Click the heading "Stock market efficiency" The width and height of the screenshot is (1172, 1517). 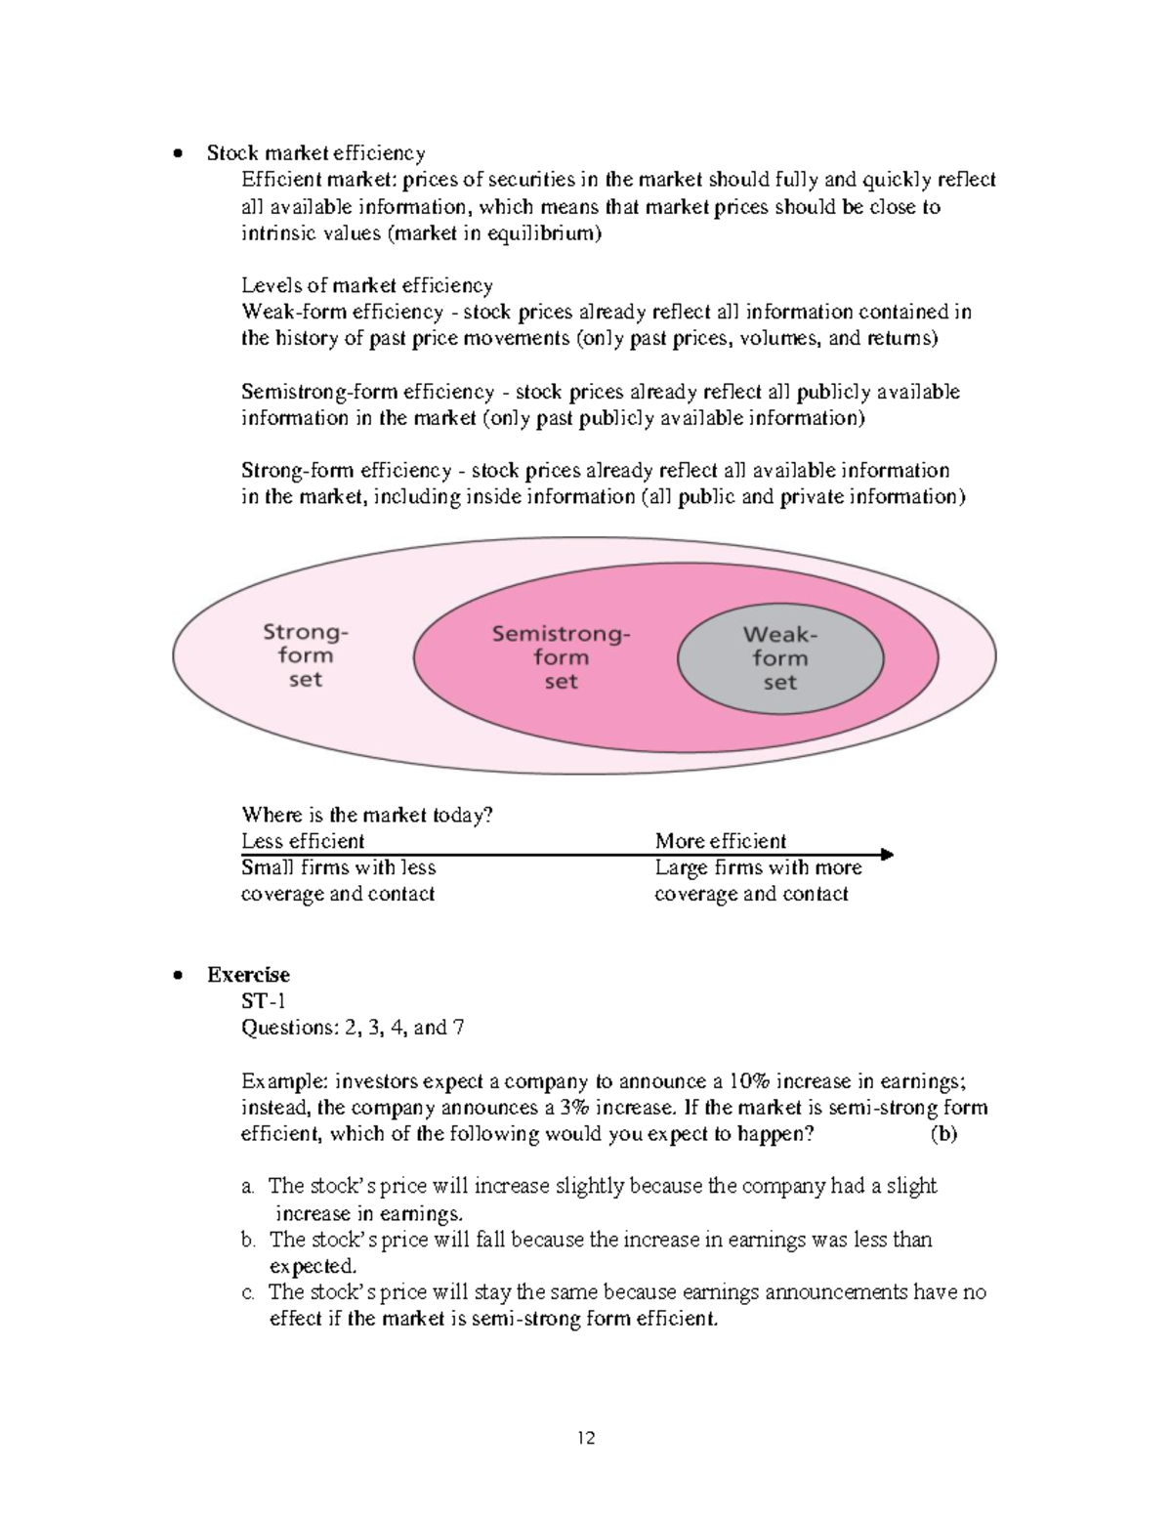pyautogui.click(x=315, y=152)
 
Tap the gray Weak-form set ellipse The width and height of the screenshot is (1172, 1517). pyautogui.click(x=780, y=657)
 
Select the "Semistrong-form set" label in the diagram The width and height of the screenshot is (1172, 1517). pyautogui.click(x=561, y=657)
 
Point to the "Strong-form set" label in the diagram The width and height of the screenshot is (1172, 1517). pyautogui.click(x=305, y=655)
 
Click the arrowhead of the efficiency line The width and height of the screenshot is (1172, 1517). pyautogui.click(x=886, y=855)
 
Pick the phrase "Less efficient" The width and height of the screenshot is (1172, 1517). pyautogui.click(x=303, y=841)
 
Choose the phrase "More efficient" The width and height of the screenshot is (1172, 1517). pyautogui.click(x=720, y=841)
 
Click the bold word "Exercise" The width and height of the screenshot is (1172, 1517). pyautogui.click(x=248, y=975)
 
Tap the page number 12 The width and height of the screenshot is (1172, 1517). pyautogui.click(x=586, y=1438)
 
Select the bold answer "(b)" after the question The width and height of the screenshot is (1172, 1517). pyautogui.click(x=943, y=1134)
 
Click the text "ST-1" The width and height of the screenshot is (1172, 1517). pyautogui.click(x=264, y=1001)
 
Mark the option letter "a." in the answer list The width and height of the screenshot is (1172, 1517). pyautogui.click(x=248, y=1187)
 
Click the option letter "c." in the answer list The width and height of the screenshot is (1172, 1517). pyautogui.click(x=248, y=1292)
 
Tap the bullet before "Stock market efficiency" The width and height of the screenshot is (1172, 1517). pyautogui.click(x=177, y=153)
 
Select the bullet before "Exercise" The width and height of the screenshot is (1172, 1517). pyautogui.click(x=177, y=976)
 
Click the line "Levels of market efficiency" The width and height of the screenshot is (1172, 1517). pyautogui.click(x=367, y=285)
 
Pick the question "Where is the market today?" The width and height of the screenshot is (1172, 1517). pyautogui.click(x=367, y=815)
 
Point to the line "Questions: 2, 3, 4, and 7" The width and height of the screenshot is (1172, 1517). pyautogui.click(x=353, y=1028)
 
